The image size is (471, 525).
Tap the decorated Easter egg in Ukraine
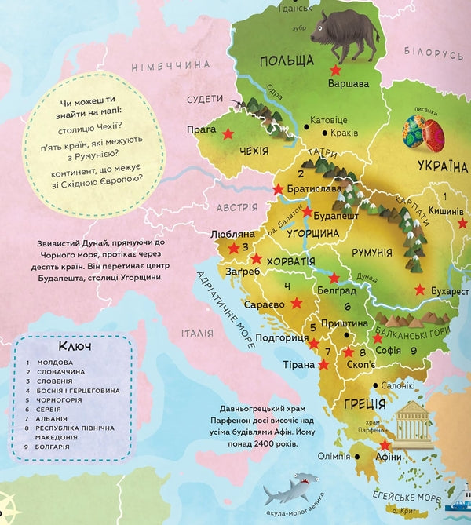click(x=423, y=131)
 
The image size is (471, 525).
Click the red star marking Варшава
click(x=335, y=70)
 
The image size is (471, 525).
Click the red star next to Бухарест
click(x=422, y=289)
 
